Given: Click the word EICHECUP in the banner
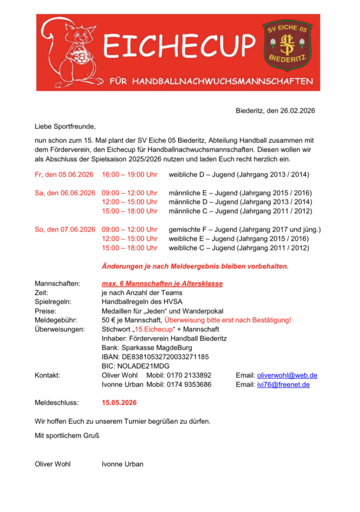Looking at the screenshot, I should click(178, 46).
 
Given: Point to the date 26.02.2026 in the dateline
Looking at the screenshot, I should click(297, 111).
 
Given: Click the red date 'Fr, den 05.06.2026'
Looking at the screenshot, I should click(64, 175).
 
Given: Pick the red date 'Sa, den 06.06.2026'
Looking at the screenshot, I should click(65, 193).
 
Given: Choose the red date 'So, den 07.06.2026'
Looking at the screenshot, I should click(65, 229).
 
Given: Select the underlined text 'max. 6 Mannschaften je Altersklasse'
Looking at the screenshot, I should click(162, 283).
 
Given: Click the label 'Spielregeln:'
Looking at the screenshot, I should click(53, 302).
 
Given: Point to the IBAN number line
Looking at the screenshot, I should click(155, 357).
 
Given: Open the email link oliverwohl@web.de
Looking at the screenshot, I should click(287, 375).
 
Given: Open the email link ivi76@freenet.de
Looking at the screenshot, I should click(283, 384).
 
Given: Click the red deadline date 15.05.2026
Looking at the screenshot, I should click(119, 403).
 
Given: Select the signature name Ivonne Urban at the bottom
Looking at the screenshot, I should click(122, 464).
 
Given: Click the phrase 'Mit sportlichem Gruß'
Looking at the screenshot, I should click(67, 435).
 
